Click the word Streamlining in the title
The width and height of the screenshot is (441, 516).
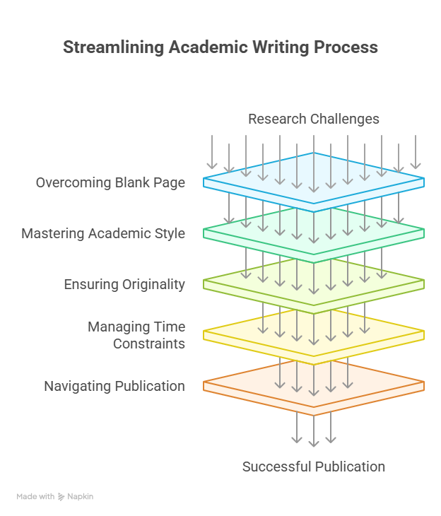point(113,47)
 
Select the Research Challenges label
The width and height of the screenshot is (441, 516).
point(314,119)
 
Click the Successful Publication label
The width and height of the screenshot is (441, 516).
point(314,467)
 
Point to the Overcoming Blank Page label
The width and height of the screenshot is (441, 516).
point(110,183)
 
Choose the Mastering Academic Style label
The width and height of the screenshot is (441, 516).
point(103,234)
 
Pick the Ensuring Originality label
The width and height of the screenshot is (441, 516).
point(124,285)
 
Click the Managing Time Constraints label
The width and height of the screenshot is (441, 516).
point(136,335)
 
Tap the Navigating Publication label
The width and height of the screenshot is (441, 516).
point(114,387)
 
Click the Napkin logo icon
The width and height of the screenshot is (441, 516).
point(61,497)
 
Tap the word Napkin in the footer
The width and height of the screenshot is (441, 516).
point(81,497)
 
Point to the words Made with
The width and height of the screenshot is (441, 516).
point(35,497)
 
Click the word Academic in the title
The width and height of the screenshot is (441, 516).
point(208,47)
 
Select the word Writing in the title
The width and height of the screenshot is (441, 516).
point(281,47)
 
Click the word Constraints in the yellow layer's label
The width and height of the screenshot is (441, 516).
point(149,344)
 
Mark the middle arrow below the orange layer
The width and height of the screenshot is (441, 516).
point(314,430)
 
